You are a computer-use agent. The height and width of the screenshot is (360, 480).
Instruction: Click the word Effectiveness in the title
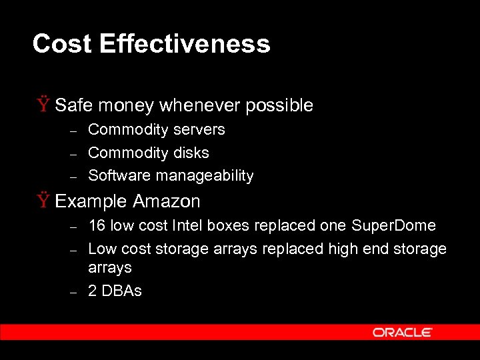(185, 44)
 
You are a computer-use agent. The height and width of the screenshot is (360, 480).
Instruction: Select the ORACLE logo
(403, 332)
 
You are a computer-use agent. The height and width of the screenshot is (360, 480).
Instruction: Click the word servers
(199, 129)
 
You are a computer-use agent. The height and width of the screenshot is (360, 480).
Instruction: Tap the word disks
(192, 153)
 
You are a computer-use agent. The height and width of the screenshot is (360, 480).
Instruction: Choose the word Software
(119, 176)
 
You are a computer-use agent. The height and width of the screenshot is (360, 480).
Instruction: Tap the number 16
(97, 225)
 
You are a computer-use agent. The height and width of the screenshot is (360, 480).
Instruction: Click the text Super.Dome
(393, 225)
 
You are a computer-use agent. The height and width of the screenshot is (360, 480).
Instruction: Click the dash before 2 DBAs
(75, 292)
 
